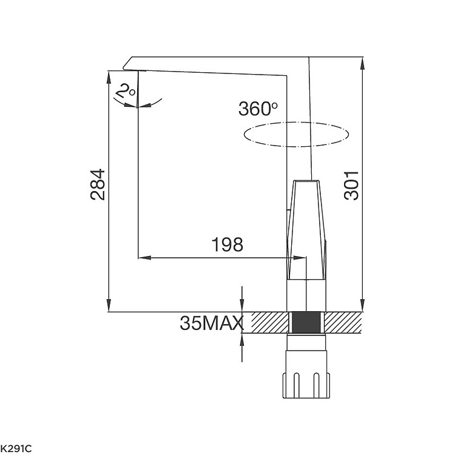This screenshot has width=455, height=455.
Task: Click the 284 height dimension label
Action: [x=98, y=184]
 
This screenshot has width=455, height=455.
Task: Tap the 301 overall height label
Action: [x=351, y=186]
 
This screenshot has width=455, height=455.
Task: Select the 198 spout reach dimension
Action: [x=227, y=244]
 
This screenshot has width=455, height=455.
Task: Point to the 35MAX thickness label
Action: [x=211, y=323]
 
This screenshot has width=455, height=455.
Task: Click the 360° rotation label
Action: [x=258, y=109]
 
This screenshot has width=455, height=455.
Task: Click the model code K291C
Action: [x=16, y=449]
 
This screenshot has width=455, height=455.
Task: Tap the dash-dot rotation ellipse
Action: [x=296, y=123]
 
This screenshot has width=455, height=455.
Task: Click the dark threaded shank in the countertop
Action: [x=306, y=322]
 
